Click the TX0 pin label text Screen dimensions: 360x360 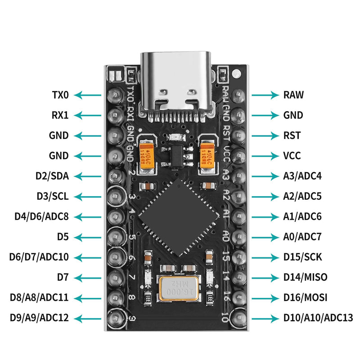[60, 95]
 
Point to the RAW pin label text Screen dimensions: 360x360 [293, 95]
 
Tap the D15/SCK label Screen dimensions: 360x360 [302, 257]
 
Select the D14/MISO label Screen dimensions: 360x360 [305, 277]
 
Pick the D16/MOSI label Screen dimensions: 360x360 [305, 297]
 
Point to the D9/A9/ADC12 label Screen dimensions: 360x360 [39, 317]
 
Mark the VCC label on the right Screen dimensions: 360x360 [292, 156]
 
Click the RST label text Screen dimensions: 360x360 [292, 135]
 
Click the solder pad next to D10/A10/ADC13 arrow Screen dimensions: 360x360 [237, 317]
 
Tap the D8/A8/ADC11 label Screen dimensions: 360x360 [39, 297]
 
